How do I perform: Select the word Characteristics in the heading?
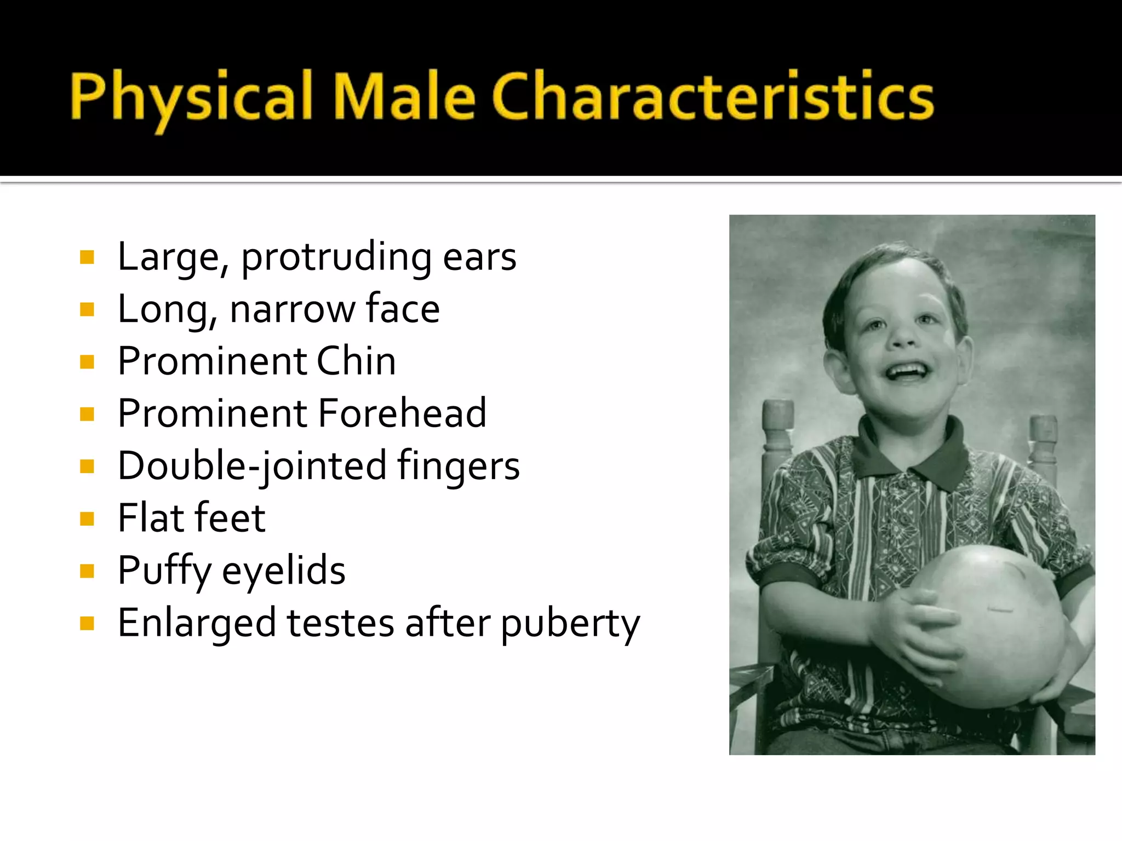coord(713,96)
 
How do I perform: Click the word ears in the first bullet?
coord(479,257)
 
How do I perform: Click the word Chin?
coord(356,361)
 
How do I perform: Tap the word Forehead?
coord(402,413)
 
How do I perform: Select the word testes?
coord(340,623)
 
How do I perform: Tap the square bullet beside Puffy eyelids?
coord(87,571)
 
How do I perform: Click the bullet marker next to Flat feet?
coord(87,519)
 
